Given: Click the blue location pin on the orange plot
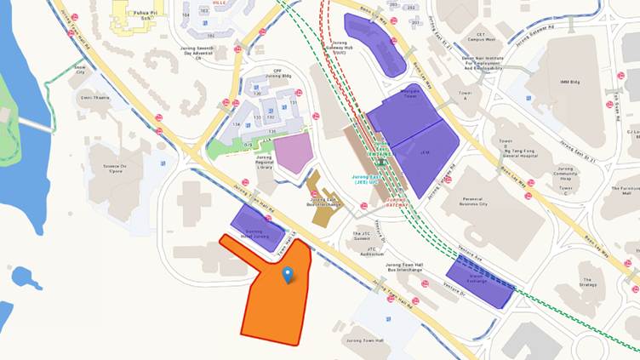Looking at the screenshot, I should coord(288,274).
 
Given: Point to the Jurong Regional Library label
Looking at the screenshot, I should coord(266,167).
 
